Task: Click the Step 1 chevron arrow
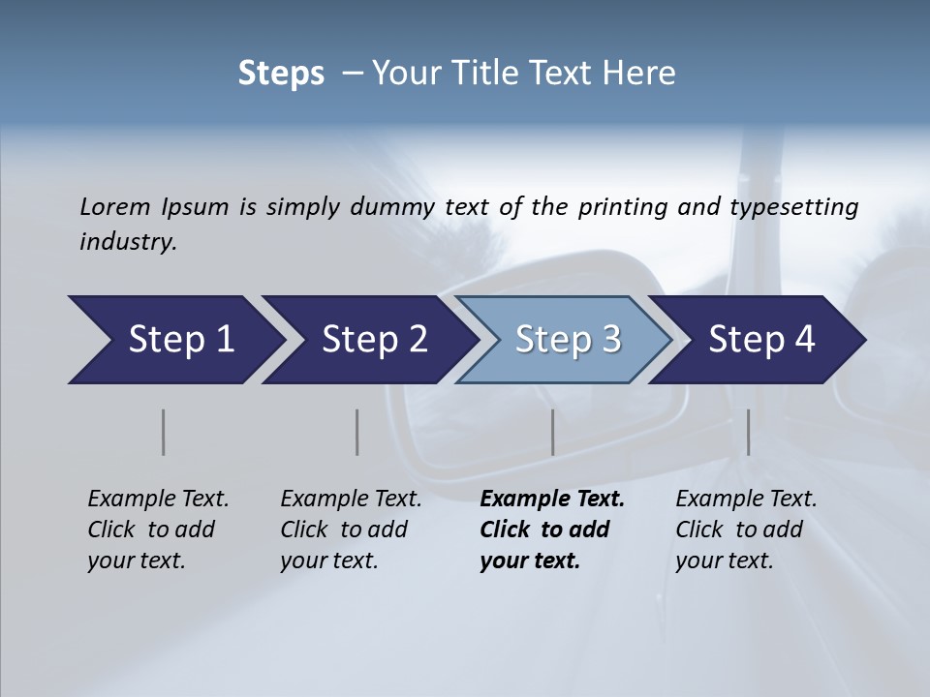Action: pos(174,340)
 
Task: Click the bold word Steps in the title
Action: pos(281,74)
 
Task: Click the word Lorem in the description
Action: pos(115,207)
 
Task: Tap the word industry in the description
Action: pos(128,242)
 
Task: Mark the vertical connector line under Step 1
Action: pos(163,432)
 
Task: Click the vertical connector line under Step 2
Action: pos(357,432)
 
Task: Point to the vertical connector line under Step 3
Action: pos(552,432)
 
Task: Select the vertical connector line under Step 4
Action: pos(748,432)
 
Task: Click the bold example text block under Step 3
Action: pos(551,530)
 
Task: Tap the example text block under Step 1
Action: pos(158,530)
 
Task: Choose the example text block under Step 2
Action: pos(351,530)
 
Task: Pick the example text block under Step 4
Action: pos(746,530)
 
